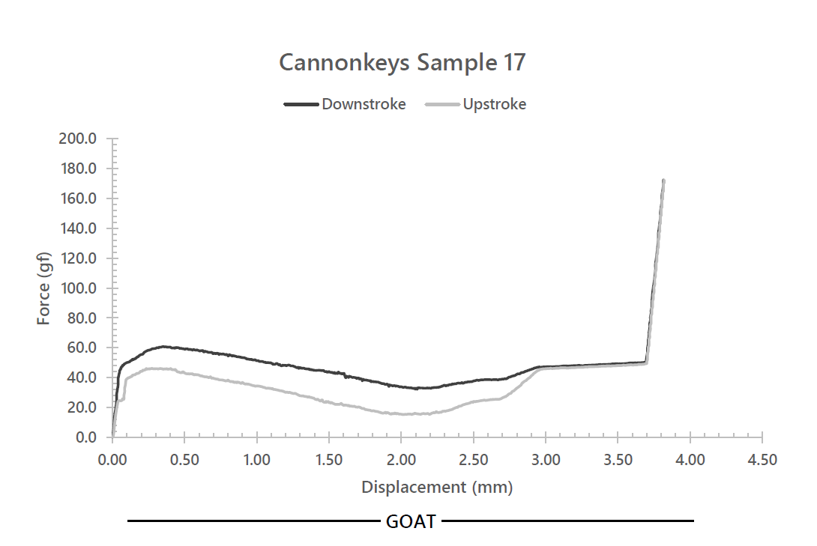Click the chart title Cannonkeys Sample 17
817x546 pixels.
(x=402, y=63)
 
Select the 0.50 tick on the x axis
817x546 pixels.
(x=184, y=459)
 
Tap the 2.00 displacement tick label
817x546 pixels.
(x=401, y=459)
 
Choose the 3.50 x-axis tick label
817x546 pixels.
(x=618, y=459)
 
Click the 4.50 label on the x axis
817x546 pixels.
(x=762, y=459)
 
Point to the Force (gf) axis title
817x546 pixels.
(x=44, y=288)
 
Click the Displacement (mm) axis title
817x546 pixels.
(x=437, y=488)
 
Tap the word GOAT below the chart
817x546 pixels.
(x=411, y=522)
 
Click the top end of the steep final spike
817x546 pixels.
(x=663, y=181)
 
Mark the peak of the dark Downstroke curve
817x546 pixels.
(x=163, y=347)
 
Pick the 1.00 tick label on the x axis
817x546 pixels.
(x=256, y=459)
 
